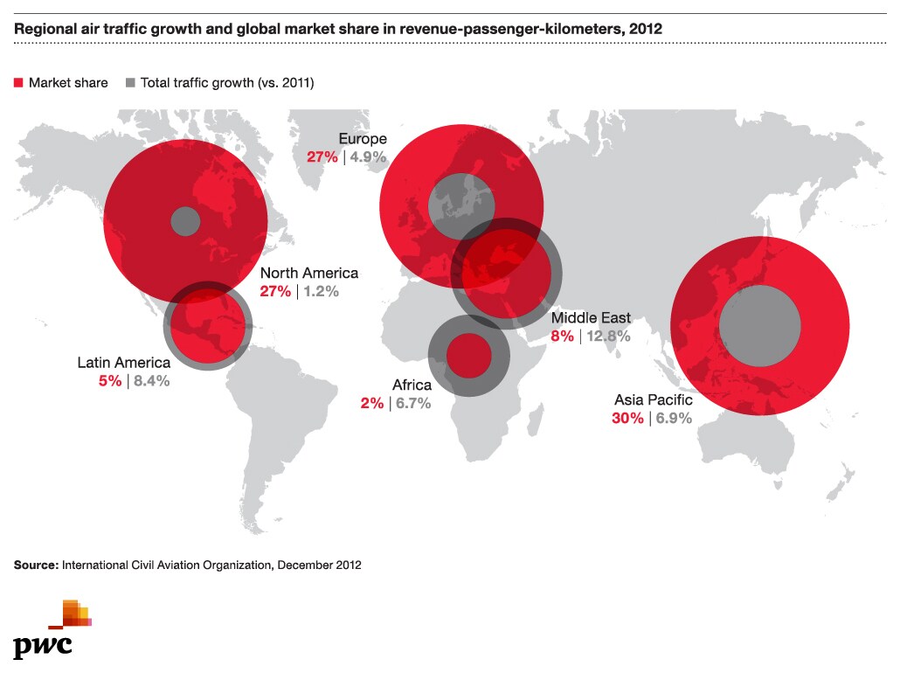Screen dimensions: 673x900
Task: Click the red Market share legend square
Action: click(x=18, y=83)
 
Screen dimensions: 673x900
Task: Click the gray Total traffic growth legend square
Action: click(x=130, y=83)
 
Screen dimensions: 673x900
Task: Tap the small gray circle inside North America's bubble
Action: click(x=184, y=220)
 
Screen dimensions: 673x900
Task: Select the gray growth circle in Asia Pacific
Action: click(x=759, y=327)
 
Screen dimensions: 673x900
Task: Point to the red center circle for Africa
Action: click(x=468, y=356)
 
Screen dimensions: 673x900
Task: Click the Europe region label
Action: click(x=363, y=139)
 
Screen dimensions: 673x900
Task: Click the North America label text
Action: click(x=309, y=273)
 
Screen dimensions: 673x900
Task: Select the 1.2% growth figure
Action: click(x=321, y=291)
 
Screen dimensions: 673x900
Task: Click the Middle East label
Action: click(x=591, y=318)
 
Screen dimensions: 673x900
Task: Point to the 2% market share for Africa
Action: click(x=371, y=404)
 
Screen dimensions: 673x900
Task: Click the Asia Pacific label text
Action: click(x=653, y=399)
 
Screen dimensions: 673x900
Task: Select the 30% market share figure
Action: click(x=627, y=418)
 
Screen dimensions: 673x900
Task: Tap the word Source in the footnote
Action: click(x=36, y=565)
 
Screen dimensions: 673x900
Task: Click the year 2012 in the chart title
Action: click(x=646, y=29)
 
